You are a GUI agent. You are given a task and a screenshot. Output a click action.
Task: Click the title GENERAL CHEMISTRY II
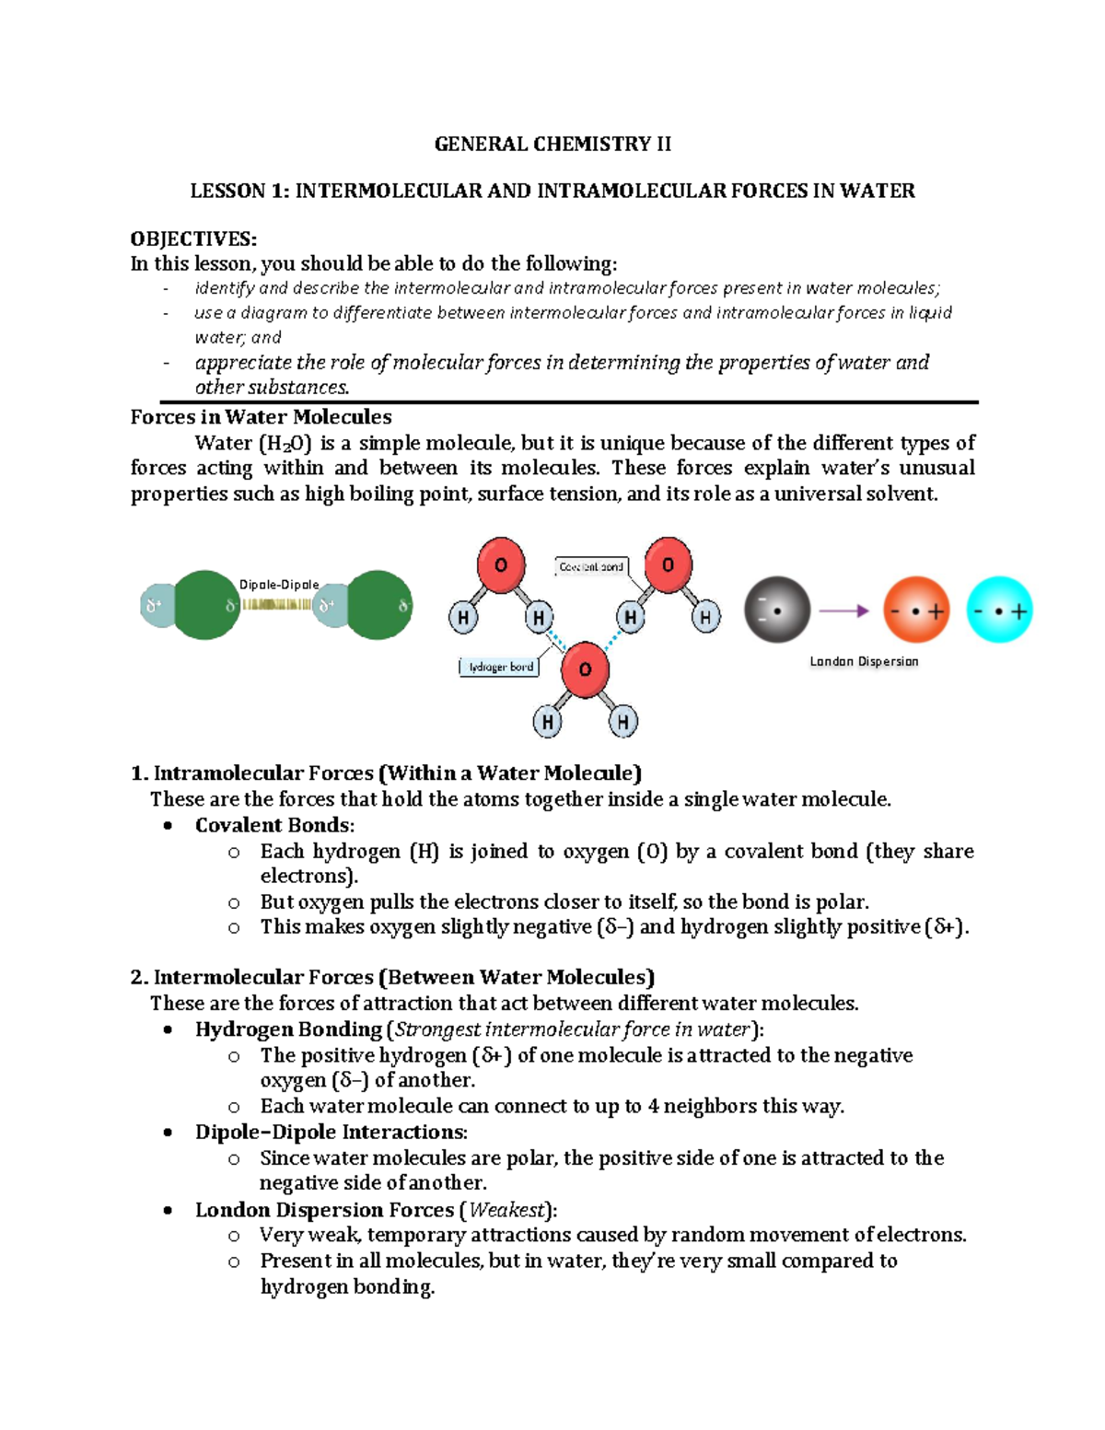pos(552,144)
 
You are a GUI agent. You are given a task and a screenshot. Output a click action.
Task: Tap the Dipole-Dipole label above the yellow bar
pos(279,585)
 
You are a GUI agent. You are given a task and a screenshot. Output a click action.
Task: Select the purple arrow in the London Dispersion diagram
pos(843,610)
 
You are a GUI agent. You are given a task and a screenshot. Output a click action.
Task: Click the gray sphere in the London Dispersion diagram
pos(777,610)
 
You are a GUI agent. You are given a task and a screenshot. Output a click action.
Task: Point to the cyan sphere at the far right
pos(999,610)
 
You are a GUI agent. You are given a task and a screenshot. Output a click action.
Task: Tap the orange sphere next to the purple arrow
pos(915,610)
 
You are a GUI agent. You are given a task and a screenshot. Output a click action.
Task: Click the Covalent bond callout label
pos(591,567)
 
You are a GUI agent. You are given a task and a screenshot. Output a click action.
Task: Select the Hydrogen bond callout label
pos(500,667)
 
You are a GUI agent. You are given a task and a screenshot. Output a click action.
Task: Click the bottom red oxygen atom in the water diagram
pos(585,668)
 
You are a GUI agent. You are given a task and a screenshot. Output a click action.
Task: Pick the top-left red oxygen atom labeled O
pos(501,564)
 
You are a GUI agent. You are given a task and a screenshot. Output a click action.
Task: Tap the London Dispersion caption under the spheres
pos(864,661)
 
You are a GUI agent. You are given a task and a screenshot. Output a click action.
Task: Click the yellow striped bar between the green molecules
pos(276,605)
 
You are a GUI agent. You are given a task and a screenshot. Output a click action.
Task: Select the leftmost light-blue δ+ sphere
pos(156,605)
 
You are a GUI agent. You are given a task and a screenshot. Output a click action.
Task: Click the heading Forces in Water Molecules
pos(261,417)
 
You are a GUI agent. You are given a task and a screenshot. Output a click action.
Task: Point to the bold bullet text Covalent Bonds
pos(273,825)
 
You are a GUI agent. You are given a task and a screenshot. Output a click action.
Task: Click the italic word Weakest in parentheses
pos(507,1209)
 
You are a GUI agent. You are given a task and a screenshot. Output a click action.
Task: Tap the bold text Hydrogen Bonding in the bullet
pos(288,1029)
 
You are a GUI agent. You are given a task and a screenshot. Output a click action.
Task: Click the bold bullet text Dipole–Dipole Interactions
pos(331,1132)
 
